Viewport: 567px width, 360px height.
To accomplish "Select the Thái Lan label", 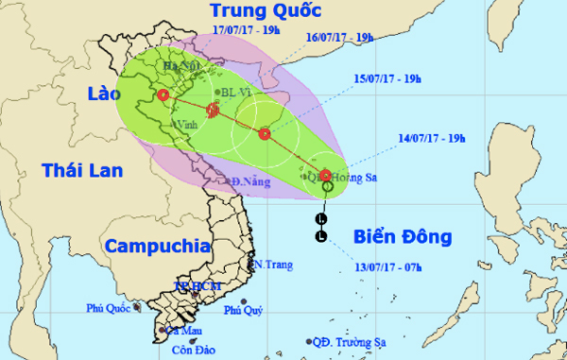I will pyautogui.click(x=79, y=170).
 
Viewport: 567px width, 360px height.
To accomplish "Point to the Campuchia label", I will pyautogui.click(x=157, y=247).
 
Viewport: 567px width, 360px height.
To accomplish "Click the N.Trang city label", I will pyautogui.click(x=270, y=264).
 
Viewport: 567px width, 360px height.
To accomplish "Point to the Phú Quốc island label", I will pyautogui.click(x=107, y=308).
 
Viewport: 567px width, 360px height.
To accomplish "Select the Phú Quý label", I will pyautogui.click(x=241, y=311).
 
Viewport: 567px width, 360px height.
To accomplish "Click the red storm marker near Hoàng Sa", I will pyautogui.click(x=325, y=176).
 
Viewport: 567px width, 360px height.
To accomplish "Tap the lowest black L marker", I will pyautogui.click(x=321, y=235).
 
